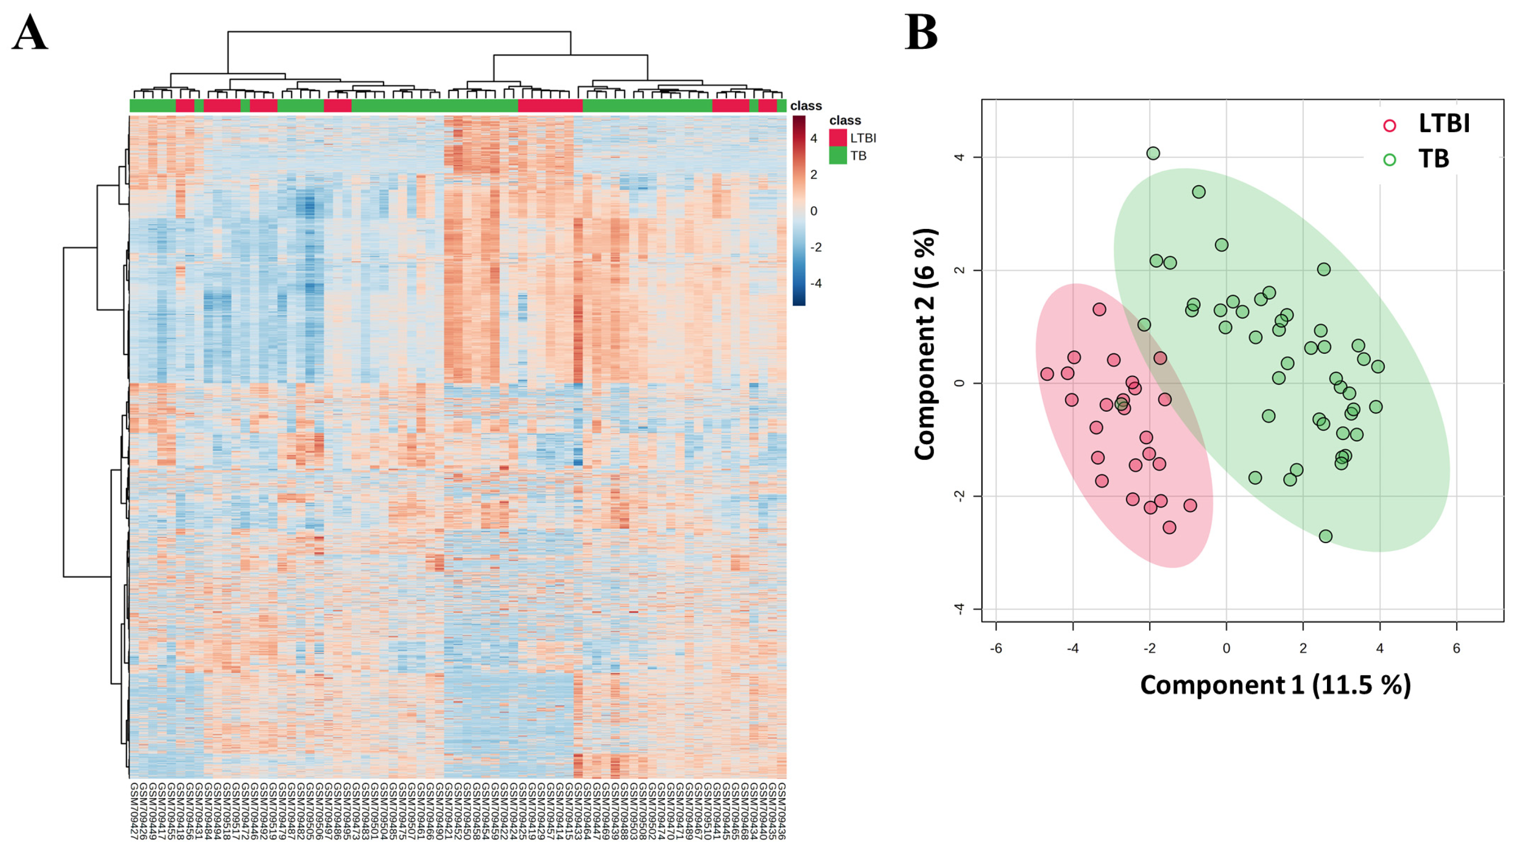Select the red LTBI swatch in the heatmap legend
838,138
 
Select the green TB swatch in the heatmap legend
838,156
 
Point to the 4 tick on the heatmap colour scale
814,139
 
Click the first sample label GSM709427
133,810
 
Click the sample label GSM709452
458,810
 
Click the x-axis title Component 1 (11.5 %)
1275,685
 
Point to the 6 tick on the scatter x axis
1456,648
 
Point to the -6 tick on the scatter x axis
996,648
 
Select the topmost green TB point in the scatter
1153,153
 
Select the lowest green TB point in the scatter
1326,536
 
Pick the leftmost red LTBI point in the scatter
1047,374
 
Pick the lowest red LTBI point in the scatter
1169,528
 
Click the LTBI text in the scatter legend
1444,124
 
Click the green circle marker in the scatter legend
1390,160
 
